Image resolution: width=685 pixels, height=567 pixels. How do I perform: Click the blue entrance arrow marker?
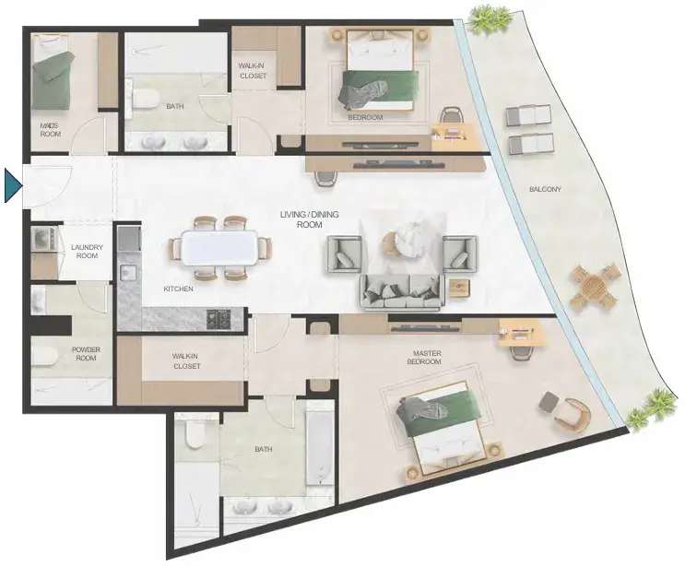tap(12, 186)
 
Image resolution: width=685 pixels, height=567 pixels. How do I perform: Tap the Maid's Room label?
tap(50, 130)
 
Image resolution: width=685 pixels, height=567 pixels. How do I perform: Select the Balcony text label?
tap(545, 190)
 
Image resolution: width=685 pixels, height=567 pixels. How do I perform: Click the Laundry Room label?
tap(87, 251)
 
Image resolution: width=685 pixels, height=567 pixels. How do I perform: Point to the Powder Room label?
tap(86, 354)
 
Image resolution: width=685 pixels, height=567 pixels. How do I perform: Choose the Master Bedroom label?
tap(424, 358)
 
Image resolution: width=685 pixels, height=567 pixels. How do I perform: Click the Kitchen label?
tap(178, 289)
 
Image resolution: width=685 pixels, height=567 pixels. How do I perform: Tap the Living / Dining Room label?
tap(309, 219)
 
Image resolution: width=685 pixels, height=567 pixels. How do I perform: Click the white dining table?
tap(219, 247)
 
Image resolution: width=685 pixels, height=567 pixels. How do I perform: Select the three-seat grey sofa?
tap(400, 292)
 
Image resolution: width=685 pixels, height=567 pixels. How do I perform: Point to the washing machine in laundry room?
tap(42, 240)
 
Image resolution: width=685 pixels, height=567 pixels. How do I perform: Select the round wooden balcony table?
tap(595, 287)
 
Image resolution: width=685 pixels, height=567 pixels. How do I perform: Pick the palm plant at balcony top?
tap(489, 19)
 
